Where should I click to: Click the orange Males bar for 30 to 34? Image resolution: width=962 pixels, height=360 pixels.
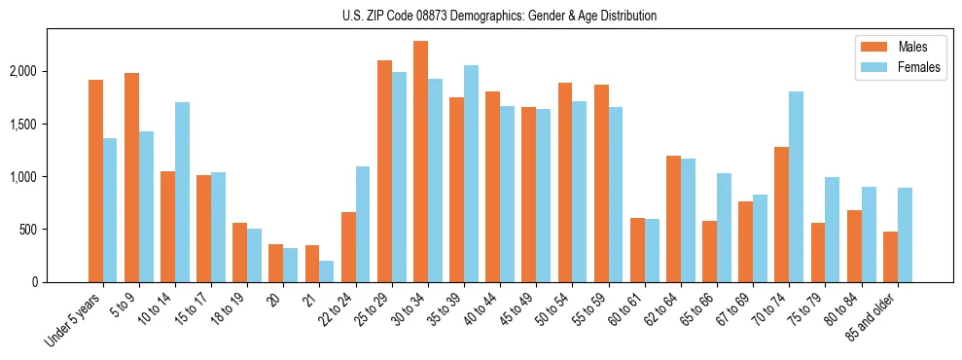pos(420,162)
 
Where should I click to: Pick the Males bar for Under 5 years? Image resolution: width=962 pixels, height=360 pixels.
pos(95,181)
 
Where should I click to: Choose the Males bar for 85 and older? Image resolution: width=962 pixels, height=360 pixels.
pos(890,257)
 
